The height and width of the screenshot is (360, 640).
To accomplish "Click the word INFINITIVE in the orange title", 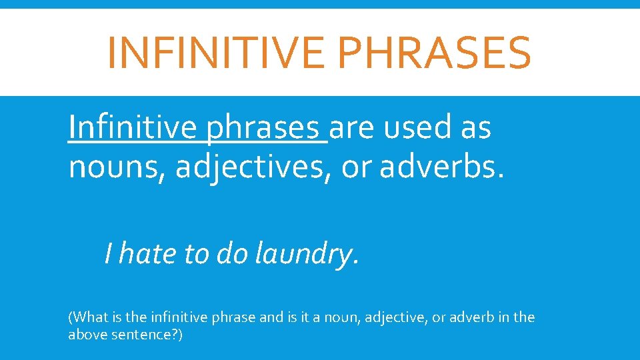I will (x=211, y=53).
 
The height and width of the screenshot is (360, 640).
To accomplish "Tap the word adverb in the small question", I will (x=471, y=317).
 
